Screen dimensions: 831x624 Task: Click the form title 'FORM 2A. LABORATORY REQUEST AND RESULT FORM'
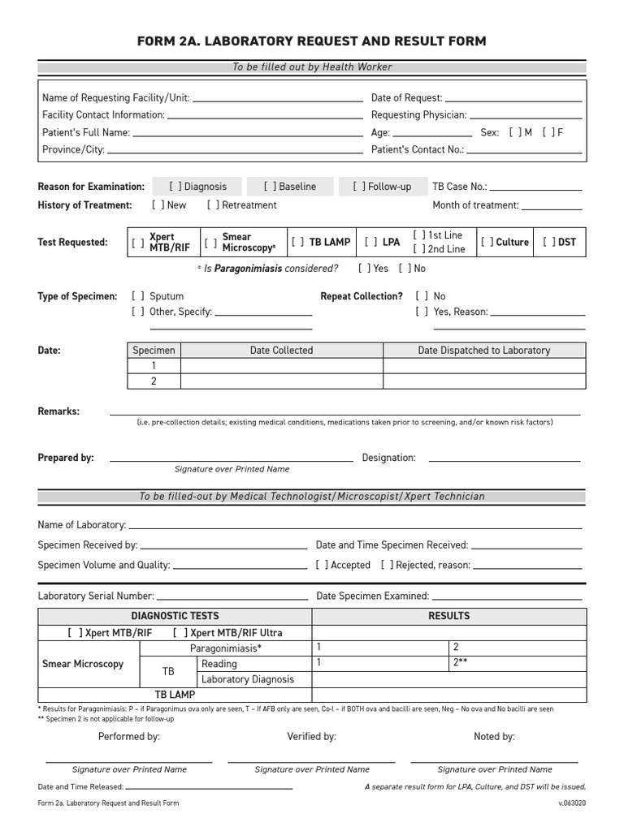[x=312, y=41]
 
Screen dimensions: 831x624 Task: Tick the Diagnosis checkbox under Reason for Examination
[x=175, y=187]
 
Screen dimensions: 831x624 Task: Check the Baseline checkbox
[x=270, y=187]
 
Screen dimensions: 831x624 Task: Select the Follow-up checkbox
[x=359, y=187]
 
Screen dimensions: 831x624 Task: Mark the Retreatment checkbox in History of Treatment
[x=213, y=205]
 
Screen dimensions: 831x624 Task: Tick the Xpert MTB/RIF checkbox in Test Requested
[x=137, y=243]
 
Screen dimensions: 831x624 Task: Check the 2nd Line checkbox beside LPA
[x=419, y=249]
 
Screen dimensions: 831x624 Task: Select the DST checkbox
[x=548, y=242]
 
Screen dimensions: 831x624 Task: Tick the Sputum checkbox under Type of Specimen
[x=137, y=296]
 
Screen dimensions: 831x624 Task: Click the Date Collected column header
[x=281, y=351]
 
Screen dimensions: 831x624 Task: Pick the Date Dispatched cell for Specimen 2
[x=483, y=381]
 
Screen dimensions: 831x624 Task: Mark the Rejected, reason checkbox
[x=387, y=565]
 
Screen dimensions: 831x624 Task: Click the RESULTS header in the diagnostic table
[x=448, y=616]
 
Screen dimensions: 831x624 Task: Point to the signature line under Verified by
[x=311, y=761]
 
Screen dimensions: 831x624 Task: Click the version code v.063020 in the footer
[x=571, y=803]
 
